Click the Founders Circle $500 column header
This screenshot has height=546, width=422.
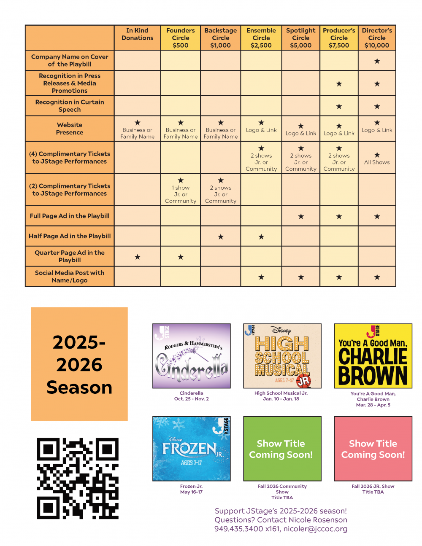pos(180,38)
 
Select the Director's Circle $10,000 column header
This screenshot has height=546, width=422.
pos(377,38)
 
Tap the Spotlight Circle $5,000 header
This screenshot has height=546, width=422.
pos(300,38)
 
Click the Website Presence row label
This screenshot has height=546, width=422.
pos(70,129)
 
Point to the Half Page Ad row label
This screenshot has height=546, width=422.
pos(70,236)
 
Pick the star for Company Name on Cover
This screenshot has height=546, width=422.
pos(377,61)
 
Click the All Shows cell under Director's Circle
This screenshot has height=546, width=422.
pos(377,159)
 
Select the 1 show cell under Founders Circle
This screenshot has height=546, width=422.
pos(181,191)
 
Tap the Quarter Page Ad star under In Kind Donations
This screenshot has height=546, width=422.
pos(137,257)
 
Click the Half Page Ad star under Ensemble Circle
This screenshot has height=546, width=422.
pos(261,237)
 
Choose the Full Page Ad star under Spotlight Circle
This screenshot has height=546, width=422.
pos(300,217)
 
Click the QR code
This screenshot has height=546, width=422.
pos(78,478)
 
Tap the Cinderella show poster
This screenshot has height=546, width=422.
pos(192,356)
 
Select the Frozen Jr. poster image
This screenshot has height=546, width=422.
pos(192,449)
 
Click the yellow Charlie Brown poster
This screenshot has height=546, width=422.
pos(373,356)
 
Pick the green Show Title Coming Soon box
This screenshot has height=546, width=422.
pos(282,449)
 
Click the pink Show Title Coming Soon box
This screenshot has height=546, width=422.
pos(373,449)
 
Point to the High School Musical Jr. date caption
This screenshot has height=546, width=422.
pos(281,399)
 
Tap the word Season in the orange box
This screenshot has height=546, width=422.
pos(79,387)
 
